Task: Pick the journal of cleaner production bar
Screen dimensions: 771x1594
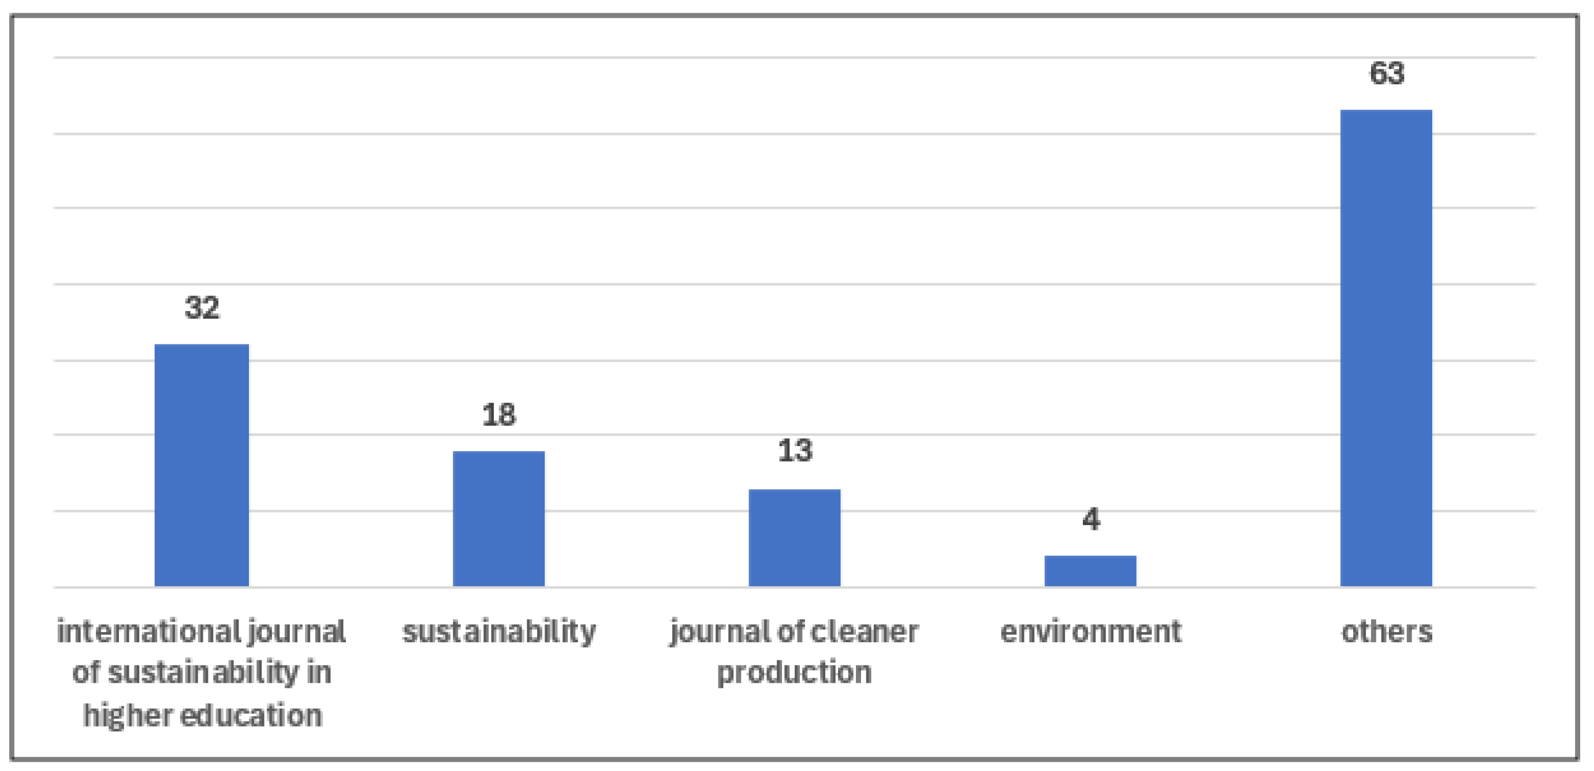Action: (795, 537)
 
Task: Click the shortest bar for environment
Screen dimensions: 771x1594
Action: (1090, 571)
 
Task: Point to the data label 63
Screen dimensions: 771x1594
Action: (1386, 73)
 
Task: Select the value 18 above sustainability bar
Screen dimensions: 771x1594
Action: (499, 415)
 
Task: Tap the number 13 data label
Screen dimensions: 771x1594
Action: (795, 451)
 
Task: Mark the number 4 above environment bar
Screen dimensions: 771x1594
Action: (1091, 519)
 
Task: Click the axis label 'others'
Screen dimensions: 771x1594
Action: (1386, 632)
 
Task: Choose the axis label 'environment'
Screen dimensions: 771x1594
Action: (1090, 632)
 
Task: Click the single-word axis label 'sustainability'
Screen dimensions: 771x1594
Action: (499, 632)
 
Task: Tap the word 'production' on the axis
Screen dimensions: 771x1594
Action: (795, 672)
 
